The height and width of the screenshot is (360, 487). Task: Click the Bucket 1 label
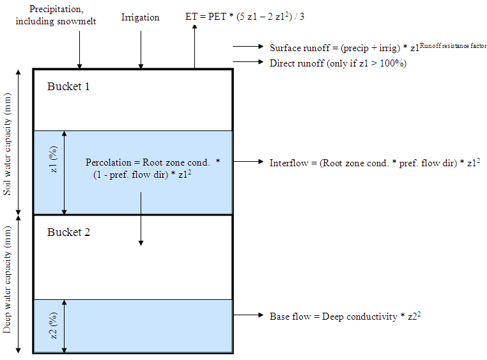point(68,86)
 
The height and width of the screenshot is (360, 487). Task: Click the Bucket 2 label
point(68,232)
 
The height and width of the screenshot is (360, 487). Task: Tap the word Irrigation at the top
point(141,18)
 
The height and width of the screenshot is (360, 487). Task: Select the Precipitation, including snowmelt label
point(56,15)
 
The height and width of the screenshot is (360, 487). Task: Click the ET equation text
point(245,16)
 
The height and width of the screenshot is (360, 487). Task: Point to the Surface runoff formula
point(378,47)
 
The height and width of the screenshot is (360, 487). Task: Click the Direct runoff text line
point(338,63)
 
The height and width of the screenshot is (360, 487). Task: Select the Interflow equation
point(375,163)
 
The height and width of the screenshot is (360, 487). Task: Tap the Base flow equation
point(345,317)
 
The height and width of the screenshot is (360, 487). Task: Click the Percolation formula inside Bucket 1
point(153,168)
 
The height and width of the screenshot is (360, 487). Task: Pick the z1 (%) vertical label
point(54,159)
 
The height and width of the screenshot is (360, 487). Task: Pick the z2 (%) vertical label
point(54,325)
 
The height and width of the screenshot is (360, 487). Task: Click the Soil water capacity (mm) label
point(7,144)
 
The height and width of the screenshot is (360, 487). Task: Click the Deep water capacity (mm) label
point(7,279)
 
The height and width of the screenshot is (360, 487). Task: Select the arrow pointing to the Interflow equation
point(248,162)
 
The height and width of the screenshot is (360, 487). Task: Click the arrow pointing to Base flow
point(248,315)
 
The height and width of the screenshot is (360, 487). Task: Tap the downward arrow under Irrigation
point(141,50)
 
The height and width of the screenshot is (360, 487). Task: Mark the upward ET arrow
point(195,46)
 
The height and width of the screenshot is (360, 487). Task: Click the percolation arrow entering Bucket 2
point(141,219)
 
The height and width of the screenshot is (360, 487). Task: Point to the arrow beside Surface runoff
point(248,46)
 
